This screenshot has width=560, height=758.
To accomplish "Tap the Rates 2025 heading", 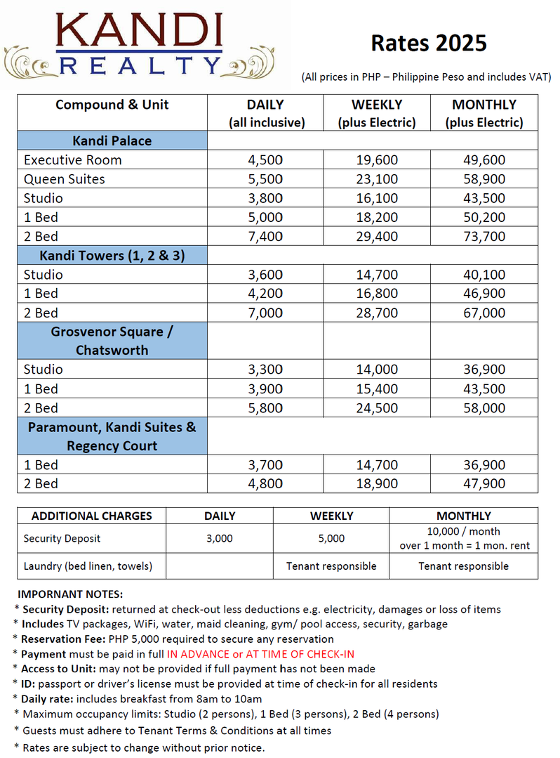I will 428,44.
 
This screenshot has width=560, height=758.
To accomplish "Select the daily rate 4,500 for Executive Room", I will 265,160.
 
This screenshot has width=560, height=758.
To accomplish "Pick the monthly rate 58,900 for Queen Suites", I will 484,179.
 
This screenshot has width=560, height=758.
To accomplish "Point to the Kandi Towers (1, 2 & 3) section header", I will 113,256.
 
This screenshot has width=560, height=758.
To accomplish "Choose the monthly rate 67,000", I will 484,313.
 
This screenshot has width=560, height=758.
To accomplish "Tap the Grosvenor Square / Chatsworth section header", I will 112,341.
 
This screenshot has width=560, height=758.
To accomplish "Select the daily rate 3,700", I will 265,465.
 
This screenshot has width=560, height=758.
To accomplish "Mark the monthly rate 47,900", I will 484,484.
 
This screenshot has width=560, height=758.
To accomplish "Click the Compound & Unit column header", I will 112,105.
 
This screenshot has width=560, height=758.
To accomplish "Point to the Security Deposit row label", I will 62,539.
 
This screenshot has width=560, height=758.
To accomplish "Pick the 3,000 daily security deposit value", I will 220,539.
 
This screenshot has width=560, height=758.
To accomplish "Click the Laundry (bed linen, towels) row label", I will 88,566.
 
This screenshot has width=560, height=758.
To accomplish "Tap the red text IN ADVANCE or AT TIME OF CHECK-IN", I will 260,654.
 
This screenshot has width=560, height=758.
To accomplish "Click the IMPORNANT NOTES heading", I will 70,594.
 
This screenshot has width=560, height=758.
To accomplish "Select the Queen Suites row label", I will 64,179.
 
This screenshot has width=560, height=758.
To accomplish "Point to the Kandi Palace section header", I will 112,141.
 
